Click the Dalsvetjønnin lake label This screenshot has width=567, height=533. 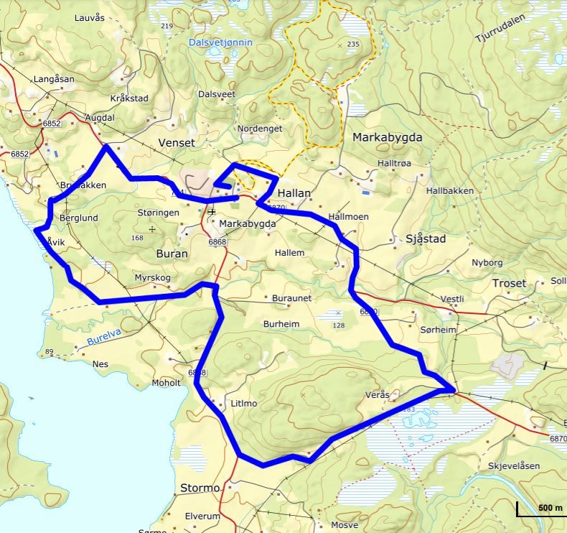pos(220,43)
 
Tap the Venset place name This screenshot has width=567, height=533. pos(177,143)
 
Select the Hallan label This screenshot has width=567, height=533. pos(294,193)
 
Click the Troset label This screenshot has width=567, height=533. pos(509,284)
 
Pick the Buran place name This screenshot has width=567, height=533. pos(172,254)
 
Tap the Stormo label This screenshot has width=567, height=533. pos(200,488)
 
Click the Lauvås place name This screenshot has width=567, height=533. pos(89,17)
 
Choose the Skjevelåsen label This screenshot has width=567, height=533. pos(514,466)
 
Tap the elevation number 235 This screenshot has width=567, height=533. pos(352,45)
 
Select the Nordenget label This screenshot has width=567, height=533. pos(260,129)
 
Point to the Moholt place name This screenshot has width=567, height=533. pos(166,383)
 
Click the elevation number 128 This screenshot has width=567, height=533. pos(339,325)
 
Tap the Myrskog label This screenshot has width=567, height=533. pos(153,278)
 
